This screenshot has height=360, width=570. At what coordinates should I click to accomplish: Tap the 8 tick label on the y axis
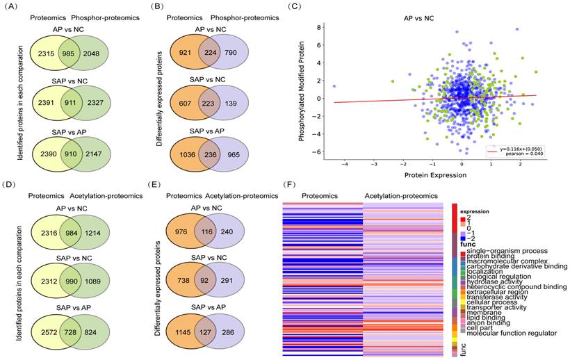314,28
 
